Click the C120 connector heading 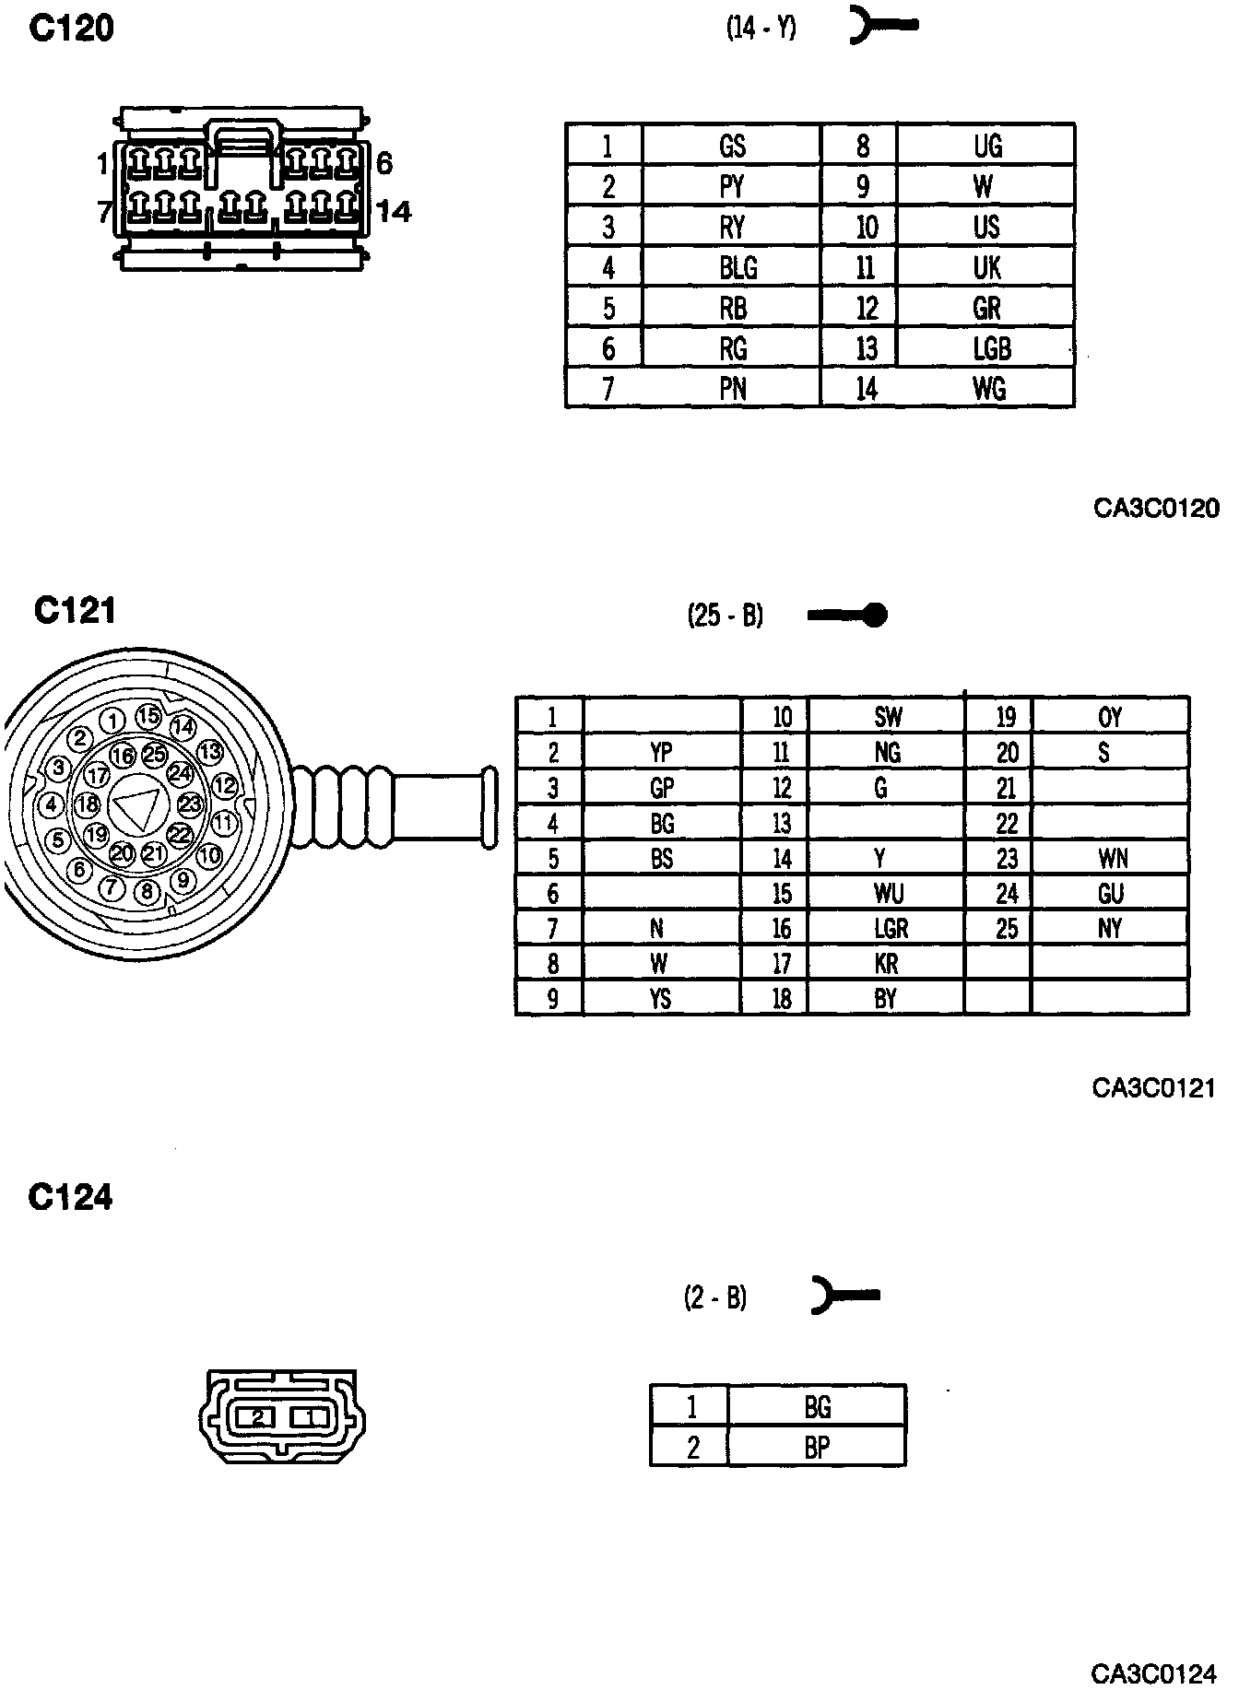coord(71,29)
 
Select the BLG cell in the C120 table coord(737,268)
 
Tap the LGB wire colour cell coord(991,348)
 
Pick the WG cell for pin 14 coord(989,389)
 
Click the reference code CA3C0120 coord(1156,508)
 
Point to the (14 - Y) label coord(761,29)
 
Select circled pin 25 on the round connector coord(154,754)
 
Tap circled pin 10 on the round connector coord(210,854)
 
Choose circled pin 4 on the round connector coord(52,804)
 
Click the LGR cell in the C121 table coord(891,928)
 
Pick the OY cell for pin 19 coord(1110,717)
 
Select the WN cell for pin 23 coord(1112,859)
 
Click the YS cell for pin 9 coord(660,999)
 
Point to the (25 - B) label coord(726,615)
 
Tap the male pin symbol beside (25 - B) coord(847,615)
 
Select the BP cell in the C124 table coord(817,1448)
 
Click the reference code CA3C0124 coord(1154,1672)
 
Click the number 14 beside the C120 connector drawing coord(394,212)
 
